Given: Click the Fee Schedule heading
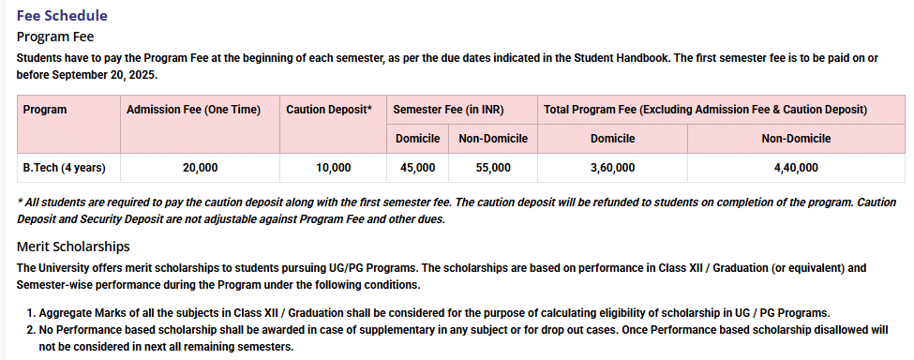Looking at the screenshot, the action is click(62, 15).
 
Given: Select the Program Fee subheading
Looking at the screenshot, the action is click(55, 37).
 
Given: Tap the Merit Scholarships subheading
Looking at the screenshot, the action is click(73, 247).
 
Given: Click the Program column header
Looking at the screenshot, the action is click(45, 110).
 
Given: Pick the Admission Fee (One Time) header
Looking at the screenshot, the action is click(193, 110).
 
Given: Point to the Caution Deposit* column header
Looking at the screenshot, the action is click(329, 110).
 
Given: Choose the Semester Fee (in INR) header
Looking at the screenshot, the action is click(448, 110).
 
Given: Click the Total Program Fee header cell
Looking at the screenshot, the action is click(705, 110).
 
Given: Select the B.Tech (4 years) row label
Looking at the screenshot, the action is click(64, 168).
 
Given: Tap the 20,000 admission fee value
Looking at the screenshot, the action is click(200, 168).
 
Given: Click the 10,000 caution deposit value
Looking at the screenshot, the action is click(333, 168).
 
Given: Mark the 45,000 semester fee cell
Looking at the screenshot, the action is click(417, 168).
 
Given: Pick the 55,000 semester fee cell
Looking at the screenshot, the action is click(493, 168).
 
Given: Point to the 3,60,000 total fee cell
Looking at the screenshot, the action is click(612, 168).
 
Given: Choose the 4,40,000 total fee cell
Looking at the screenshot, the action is click(795, 168).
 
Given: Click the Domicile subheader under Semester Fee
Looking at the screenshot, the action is click(417, 139).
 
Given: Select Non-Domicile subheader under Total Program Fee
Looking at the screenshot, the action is click(795, 139).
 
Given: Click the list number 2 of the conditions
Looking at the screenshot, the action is click(30, 330).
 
